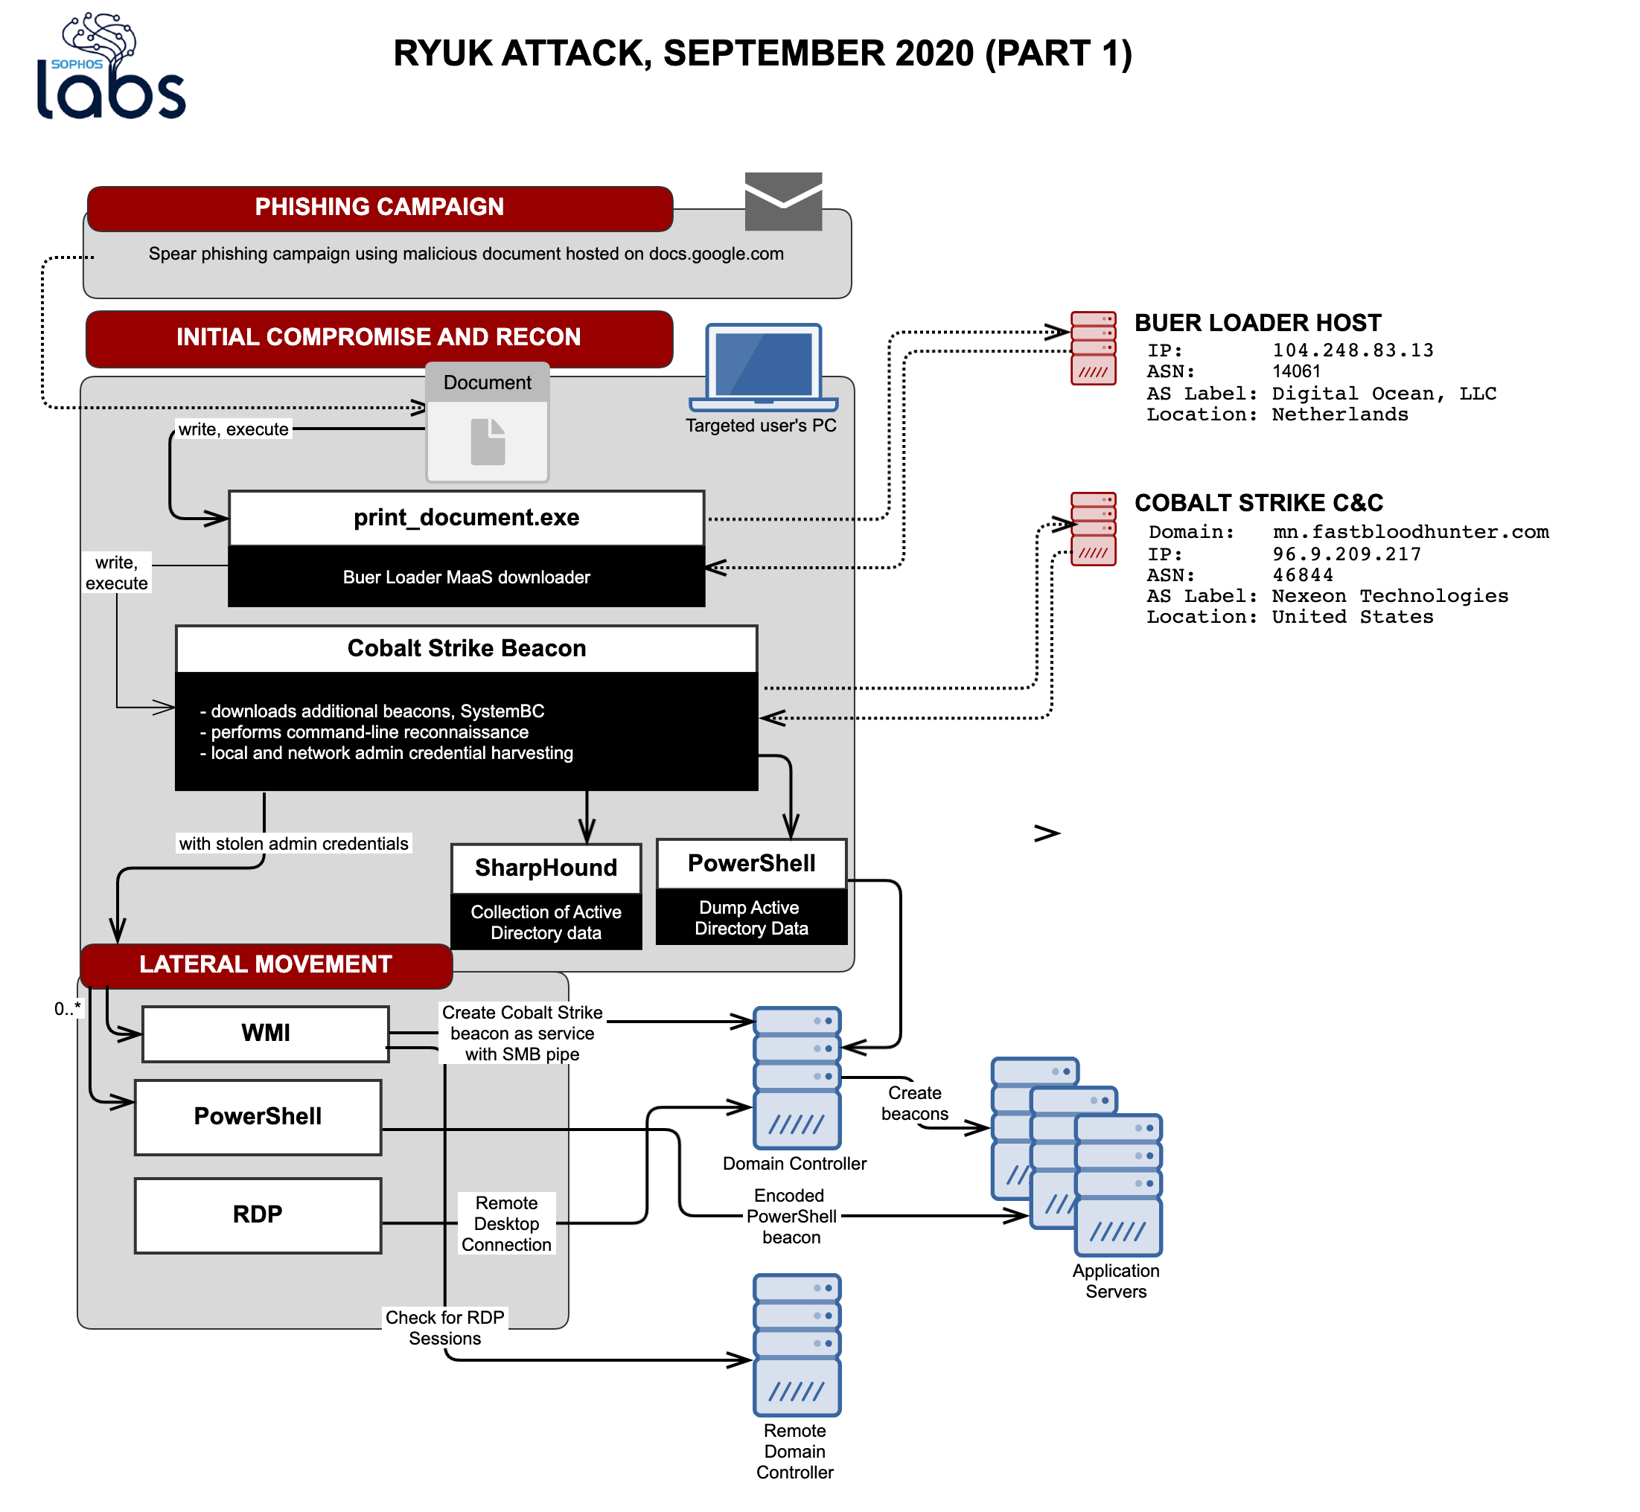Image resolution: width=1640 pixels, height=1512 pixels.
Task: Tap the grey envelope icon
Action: [x=783, y=201]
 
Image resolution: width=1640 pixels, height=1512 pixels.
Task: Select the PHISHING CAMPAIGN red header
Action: [x=380, y=208]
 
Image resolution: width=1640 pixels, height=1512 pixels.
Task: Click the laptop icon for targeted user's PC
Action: [x=764, y=368]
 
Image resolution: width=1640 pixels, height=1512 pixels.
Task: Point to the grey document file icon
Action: [x=488, y=442]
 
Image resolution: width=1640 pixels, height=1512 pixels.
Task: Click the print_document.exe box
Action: [x=467, y=518]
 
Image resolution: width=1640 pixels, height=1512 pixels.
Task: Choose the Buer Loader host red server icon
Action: [x=1094, y=347]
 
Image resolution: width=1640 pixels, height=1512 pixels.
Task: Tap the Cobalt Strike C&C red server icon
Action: [x=1094, y=528]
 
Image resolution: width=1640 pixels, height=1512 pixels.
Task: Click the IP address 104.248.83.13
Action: [x=1353, y=350]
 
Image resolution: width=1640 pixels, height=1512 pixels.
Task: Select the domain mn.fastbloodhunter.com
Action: [x=1410, y=532]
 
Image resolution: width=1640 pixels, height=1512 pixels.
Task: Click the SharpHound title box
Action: [x=546, y=868]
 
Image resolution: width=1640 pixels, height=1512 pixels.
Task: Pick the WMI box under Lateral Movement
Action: [x=265, y=1034]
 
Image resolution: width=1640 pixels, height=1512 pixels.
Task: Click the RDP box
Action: [x=258, y=1215]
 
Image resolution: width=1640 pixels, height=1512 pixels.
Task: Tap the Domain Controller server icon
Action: [x=797, y=1077]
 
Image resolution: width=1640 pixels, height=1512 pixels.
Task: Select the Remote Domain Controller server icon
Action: [x=797, y=1345]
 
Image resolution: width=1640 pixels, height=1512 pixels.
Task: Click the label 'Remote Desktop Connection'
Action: [x=506, y=1224]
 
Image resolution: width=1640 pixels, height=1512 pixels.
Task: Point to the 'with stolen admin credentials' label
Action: [x=294, y=844]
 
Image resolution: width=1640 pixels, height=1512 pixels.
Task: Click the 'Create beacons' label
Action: [x=915, y=1103]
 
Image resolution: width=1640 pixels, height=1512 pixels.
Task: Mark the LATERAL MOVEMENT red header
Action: [x=266, y=965]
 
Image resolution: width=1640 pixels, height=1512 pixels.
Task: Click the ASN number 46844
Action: [x=1302, y=575]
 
